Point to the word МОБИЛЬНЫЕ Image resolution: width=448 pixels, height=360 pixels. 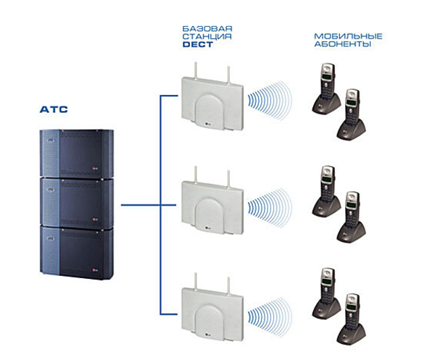pos(339,35)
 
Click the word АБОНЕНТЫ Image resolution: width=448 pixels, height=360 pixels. pos(338,45)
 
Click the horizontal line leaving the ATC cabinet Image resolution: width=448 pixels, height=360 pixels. pos(138,205)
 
